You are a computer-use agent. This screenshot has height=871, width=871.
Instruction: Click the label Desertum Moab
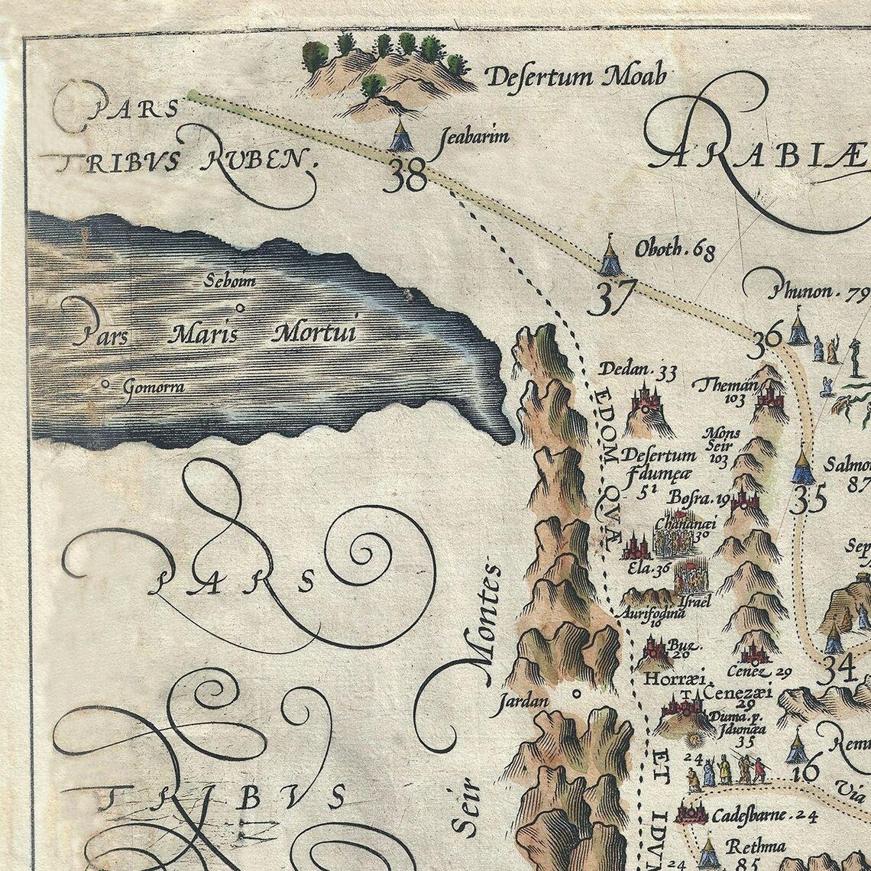pyautogui.click(x=576, y=76)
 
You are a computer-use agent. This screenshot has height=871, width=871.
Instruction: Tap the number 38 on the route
pyautogui.click(x=406, y=177)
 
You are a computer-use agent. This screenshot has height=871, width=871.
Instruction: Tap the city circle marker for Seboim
pyautogui.click(x=241, y=308)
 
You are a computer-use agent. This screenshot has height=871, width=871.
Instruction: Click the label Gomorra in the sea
pyautogui.click(x=153, y=387)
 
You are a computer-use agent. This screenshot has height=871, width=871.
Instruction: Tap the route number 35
pyautogui.click(x=808, y=500)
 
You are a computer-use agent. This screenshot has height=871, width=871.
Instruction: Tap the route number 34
pyautogui.click(x=834, y=672)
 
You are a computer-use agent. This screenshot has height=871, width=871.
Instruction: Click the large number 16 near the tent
pyautogui.click(x=805, y=770)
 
